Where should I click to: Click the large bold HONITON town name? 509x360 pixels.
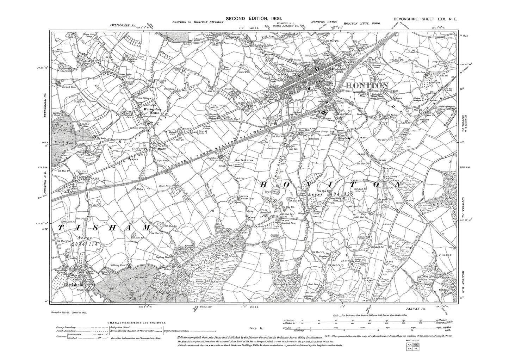(367, 86)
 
